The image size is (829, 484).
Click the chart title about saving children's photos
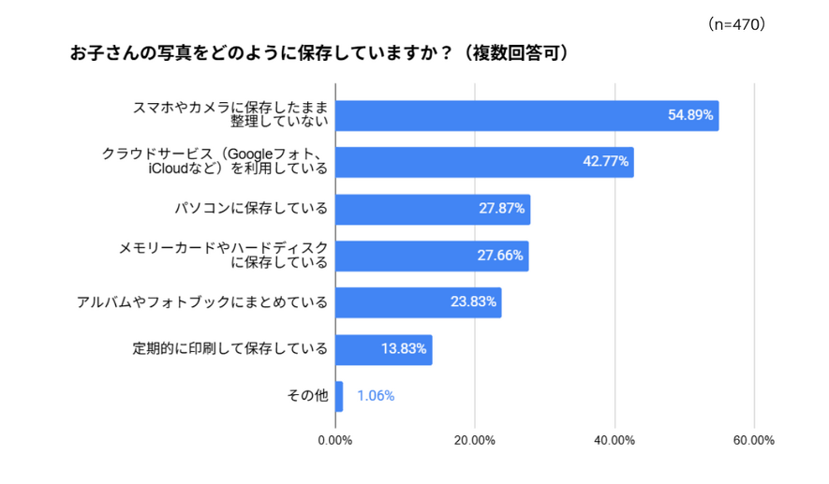coord(319,53)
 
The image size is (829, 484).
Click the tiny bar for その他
coord(339,396)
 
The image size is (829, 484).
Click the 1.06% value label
coord(376,396)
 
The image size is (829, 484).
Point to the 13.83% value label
coord(404,349)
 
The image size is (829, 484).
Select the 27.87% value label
coord(501,209)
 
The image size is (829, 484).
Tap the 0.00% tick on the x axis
coord(335,441)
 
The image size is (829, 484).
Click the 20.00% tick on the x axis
coord(475,441)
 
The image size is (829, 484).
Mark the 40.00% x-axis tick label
coord(614,441)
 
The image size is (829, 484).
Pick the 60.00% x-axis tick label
coord(754,441)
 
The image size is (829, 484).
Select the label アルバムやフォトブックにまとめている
coord(202,302)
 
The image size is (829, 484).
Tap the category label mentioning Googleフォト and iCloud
coord(215,162)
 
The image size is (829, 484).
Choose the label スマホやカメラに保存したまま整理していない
coord(229,115)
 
